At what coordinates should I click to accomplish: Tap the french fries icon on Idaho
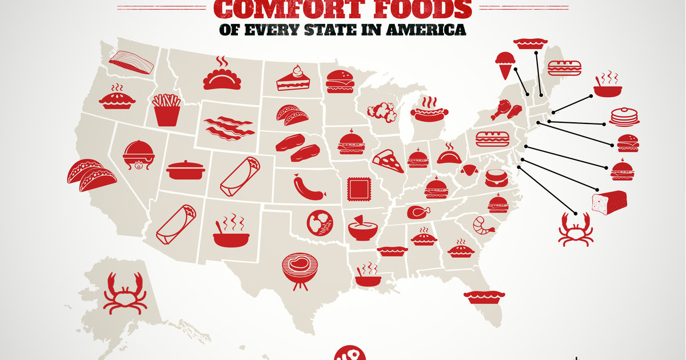166,110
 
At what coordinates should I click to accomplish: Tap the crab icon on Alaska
123,293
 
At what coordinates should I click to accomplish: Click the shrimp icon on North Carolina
481,225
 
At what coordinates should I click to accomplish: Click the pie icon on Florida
484,296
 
